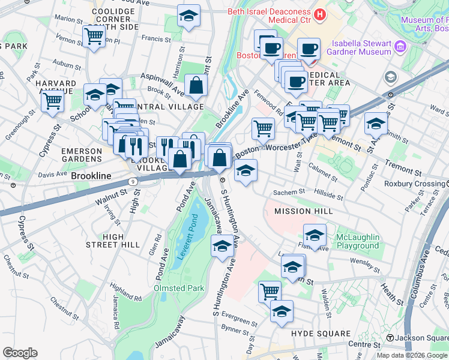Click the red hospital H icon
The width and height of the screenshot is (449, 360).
tap(320, 14)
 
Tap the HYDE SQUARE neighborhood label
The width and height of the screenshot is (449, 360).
tap(321, 334)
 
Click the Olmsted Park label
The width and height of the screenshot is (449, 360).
tap(179, 289)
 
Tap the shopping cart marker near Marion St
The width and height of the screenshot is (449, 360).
tap(94, 37)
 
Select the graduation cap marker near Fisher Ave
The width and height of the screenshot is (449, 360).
tap(315, 235)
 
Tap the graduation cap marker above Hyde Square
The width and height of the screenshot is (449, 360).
tap(282, 311)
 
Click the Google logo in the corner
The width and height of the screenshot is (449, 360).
tap(20, 352)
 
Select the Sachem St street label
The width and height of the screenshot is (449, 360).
tap(286, 193)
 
